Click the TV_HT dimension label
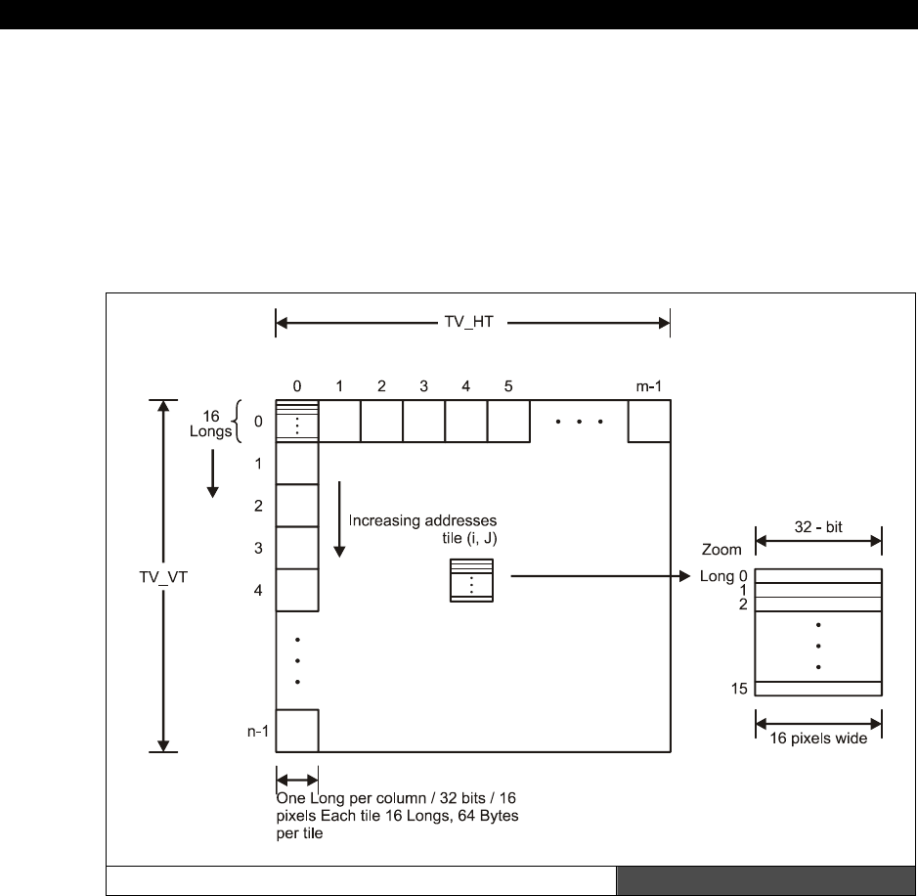click(x=469, y=322)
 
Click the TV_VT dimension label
click(x=163, y=577)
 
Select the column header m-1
click(x=649, y=386)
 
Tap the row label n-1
click(x=257, y=731)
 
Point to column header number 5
click(x=508, y=386)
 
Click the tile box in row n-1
click(x=297, y=731)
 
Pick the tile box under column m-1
click(x=649, y=421)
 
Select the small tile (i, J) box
click(x=471, y=580)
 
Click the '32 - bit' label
click(x=818, y=527)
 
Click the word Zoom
click(x=721, y=550)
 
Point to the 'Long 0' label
click(x=723, y=576)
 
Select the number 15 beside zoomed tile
click(x=739, y=689)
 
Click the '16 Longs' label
click(x=211, y=424)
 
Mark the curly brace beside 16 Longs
click(x=238, y=422)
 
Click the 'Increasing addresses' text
click(x=422, y=520)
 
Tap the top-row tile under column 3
click(x=424, y=421)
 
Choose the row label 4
click(x=258, y=590)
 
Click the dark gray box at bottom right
click(x=765, y=880)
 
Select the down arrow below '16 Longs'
click(x=213, y=473)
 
